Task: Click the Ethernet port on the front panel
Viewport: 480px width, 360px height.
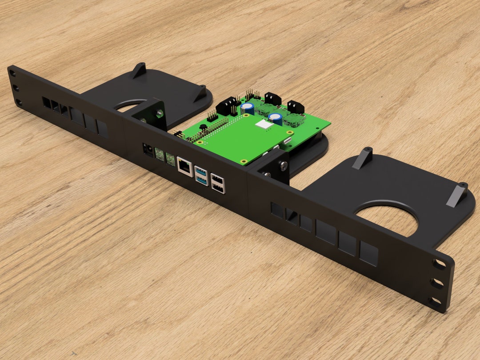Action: tap(184, 165)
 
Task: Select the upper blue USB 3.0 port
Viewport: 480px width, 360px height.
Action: tap(200, 171)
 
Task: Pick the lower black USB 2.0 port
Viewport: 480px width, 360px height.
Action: tap(218, 188)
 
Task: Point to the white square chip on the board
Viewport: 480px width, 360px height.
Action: tap(266, 126)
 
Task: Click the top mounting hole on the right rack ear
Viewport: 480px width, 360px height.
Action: tap(439, 264)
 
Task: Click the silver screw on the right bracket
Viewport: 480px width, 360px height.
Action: tap(283, 166)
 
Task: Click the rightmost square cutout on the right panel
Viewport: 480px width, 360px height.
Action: tap(368, 254)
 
